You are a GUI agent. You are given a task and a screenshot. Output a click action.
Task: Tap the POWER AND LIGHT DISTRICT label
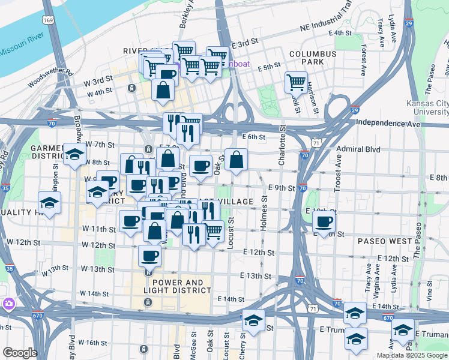(181, 286)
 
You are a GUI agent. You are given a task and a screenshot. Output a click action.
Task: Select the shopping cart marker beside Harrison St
(296, 82)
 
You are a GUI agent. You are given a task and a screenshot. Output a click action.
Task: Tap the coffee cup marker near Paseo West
(324, 222)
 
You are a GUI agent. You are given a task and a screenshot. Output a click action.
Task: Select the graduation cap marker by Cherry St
(253, 320)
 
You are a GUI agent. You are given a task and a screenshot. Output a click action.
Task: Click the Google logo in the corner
(19, 353)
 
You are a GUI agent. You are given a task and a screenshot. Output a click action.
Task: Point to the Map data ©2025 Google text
(412, 355)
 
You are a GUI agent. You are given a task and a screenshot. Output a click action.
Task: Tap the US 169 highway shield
(48, 20)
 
